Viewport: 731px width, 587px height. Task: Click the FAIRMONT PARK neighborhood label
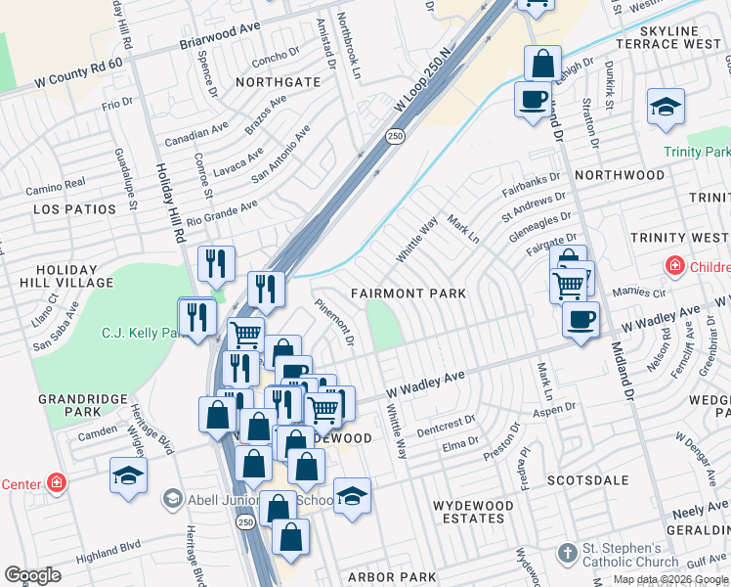tap(408, 293)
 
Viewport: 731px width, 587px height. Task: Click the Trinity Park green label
tap(697, 153)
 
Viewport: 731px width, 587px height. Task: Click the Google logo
tap(33, 574)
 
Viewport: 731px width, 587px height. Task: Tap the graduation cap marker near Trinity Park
tap(666, 109)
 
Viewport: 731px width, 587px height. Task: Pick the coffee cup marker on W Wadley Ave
tap(580, 319)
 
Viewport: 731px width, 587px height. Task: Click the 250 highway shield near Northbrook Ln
tap(394, 136)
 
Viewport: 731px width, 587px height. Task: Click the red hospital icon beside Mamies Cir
tap(674, 266)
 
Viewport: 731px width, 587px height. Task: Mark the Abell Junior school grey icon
tap(173, 498)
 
